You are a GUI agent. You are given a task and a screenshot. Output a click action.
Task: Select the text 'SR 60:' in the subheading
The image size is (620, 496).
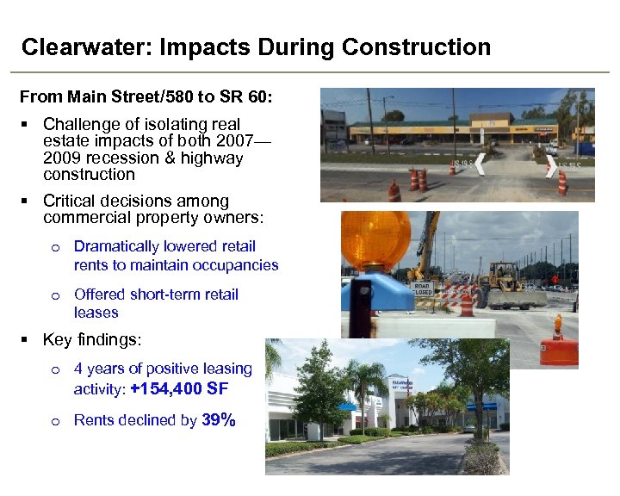point(251,97)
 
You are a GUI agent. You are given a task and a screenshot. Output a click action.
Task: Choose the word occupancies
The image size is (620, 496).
point(232,265)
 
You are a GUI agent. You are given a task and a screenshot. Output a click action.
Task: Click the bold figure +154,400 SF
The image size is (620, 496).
point(179,389)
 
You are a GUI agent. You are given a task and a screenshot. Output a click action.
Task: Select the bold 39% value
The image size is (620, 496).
point(219,420)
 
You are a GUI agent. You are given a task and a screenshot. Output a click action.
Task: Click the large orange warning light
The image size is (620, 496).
point(375,239)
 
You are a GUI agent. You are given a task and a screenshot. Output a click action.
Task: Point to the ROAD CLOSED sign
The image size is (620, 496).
point(423,288)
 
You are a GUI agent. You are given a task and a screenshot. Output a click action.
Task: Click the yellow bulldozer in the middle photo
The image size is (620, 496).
point(507,285)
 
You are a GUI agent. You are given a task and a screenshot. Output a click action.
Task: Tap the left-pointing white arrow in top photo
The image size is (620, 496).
point(479,165)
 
